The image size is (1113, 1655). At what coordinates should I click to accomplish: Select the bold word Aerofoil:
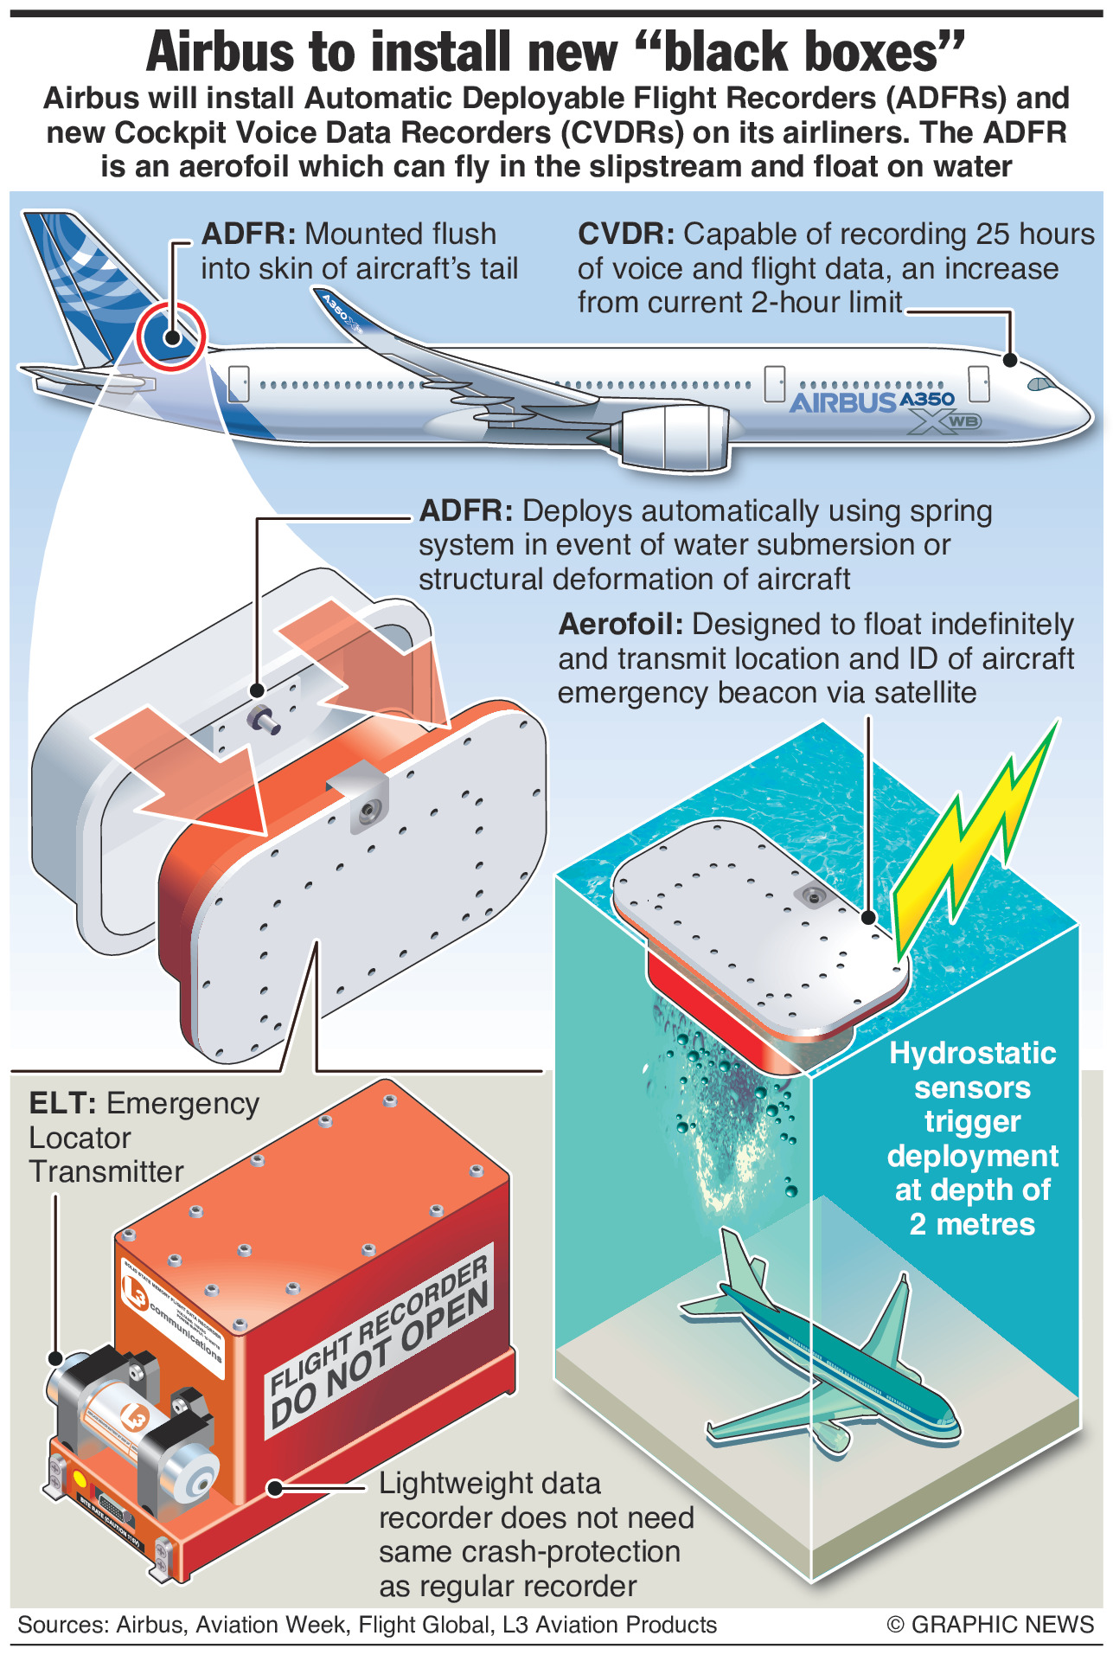pos(621,625)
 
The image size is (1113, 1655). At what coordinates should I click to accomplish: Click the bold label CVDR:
pos(626,234)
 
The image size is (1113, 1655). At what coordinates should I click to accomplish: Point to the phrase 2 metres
pos(972,1225)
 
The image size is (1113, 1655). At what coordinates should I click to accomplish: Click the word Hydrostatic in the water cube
pos(973,1054)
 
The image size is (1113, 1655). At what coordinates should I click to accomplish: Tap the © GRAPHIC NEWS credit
pos(990,1625)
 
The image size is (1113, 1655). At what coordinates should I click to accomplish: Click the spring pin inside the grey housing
pos(263,717)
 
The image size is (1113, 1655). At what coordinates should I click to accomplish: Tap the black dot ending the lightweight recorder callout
pos(274,1488)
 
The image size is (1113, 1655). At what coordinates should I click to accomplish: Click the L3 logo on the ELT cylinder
pos(136,1417)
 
